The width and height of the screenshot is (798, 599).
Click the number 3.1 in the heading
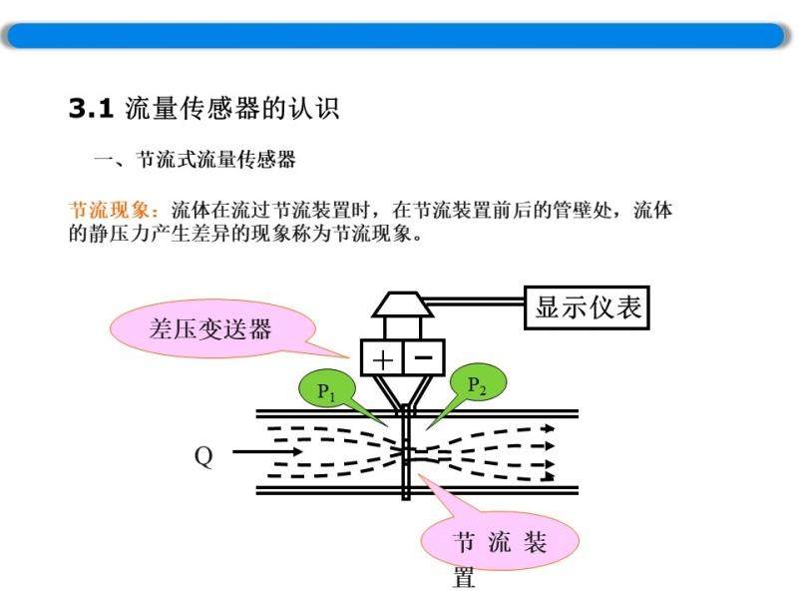91,108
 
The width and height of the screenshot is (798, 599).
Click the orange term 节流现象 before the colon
109,210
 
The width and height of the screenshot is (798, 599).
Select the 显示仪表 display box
587,307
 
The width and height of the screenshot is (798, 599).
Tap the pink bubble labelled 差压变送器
212,328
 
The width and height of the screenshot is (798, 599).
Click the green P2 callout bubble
478,383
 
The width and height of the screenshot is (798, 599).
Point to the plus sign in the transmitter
383,359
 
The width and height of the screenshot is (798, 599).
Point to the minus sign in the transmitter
423,357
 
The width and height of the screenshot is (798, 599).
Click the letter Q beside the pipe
203,456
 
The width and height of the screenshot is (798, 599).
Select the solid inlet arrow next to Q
267,451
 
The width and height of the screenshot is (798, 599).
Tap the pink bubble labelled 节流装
500,541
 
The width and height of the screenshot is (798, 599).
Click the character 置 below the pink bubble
464,578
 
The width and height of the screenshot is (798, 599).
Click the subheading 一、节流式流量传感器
195,160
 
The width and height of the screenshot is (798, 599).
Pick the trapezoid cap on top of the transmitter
403,304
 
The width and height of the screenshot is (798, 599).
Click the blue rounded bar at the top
396,36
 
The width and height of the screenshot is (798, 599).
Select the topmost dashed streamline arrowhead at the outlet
549,429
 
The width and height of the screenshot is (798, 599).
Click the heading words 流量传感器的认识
232,108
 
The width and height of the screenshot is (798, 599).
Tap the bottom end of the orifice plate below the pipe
406,498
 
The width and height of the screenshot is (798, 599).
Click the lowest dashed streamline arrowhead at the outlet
549,477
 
